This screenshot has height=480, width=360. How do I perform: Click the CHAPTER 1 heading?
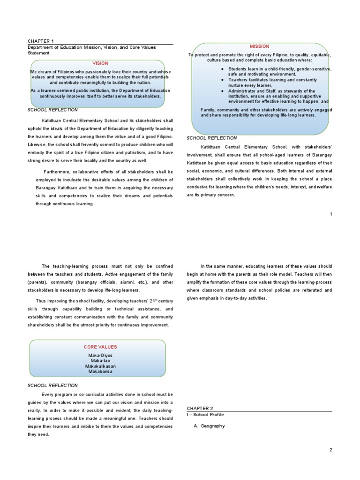(42, 41)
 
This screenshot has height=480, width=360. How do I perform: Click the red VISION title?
(100, 63)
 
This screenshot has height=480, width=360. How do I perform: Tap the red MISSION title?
(259, 46)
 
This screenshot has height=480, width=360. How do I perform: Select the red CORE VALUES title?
(100, 347)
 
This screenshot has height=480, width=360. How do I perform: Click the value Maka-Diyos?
(100, 355)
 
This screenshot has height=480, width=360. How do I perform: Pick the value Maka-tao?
(100, 360)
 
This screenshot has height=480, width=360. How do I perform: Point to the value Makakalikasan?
(100, 366)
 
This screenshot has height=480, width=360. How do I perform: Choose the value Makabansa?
(100, 371)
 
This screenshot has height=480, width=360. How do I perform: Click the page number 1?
(331, 214)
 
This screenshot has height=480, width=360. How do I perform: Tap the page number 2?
(330, 450)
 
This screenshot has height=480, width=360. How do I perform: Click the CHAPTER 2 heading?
(200, 409)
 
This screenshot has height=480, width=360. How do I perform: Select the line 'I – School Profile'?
(205, 415)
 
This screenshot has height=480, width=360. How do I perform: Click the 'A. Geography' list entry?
(209, 426)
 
